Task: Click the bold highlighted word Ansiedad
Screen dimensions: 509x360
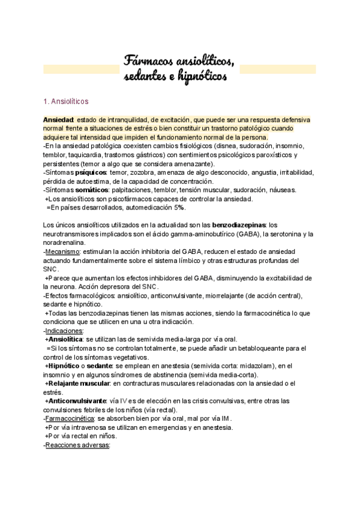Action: coord(58,120)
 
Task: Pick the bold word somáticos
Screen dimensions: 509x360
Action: coord(86,190)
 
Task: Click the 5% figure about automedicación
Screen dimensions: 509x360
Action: coord(179,208)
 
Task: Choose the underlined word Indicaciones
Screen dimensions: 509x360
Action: coord(65,330)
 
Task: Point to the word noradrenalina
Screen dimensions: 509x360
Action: coord(64,242)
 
